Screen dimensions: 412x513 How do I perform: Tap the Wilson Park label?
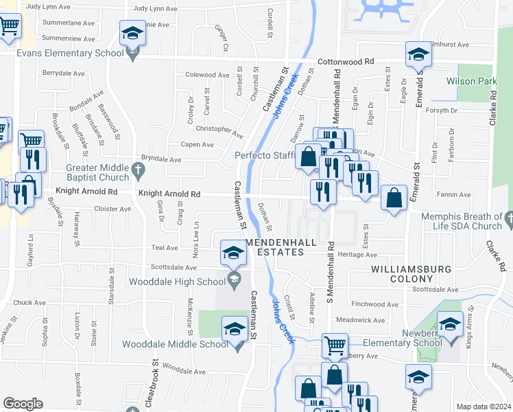tap(471, 81)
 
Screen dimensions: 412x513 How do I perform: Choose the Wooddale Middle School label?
tap(175, 344)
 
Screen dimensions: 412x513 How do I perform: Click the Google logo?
tap(23, 403)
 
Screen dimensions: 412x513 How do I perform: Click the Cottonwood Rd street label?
tap(350, 61)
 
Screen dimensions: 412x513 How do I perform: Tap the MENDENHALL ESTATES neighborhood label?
tap(275, 247)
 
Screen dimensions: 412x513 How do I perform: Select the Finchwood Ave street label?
tap(374, 304)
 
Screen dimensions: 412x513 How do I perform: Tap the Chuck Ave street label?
tap(29, 302)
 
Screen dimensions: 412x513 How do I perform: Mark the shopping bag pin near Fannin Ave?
tap(394, 198)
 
